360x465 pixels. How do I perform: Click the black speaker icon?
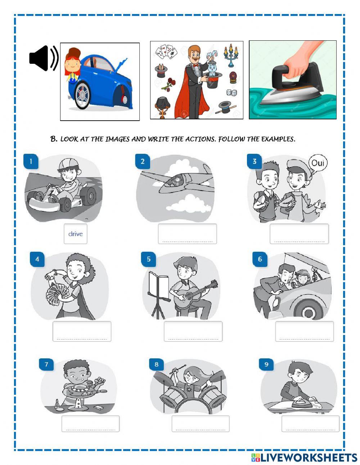point(44,58)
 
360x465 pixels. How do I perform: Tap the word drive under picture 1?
point(76,234)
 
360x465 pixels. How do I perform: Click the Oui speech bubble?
point(318,164)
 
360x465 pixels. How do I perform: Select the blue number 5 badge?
point(149,259)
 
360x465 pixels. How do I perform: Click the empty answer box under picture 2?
point(187,234)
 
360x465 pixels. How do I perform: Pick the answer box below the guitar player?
point(193,331)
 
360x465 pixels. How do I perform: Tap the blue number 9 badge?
point(266,364)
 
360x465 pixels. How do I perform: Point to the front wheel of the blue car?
point(82,95)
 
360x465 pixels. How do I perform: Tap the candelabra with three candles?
point(231,55)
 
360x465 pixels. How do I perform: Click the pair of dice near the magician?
point(232,93)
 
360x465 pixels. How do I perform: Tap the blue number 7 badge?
point(46,364)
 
